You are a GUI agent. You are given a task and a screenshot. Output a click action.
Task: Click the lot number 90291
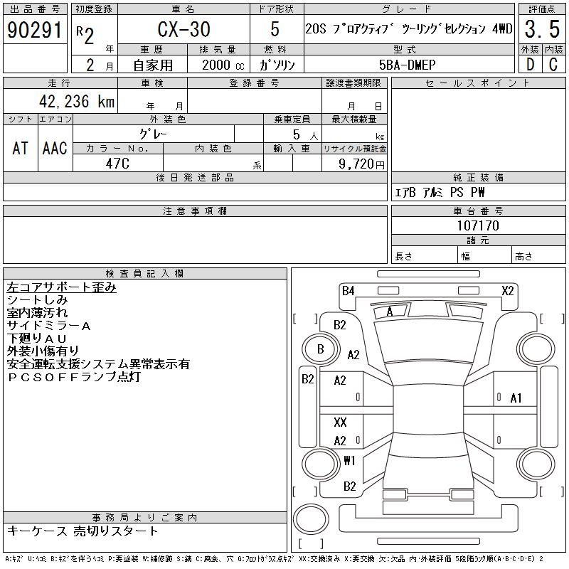point(33,31)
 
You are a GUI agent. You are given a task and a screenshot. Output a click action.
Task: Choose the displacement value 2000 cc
point(218,64)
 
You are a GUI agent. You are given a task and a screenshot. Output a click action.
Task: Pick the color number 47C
point(117,163)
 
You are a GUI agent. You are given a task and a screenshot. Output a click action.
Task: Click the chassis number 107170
point(478,225)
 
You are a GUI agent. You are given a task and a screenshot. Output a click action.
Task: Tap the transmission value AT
point(21,148)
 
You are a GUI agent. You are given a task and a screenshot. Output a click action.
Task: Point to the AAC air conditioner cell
point(55,148)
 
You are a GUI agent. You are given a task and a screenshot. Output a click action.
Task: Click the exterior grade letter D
point(529,64)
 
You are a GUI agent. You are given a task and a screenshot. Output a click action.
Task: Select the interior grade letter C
point(553,64)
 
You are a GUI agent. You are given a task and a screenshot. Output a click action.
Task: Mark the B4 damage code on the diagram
point(348,290)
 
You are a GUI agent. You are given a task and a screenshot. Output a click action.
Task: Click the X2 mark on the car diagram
point(508,290)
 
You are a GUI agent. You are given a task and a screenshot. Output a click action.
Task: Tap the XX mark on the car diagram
point(340,422)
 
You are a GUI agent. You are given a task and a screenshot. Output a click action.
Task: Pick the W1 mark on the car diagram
point(349,460)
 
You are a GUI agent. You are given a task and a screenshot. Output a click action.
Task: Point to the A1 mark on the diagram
point(516,398)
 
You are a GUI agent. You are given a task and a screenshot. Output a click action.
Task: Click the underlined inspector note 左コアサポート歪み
point(61,287)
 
